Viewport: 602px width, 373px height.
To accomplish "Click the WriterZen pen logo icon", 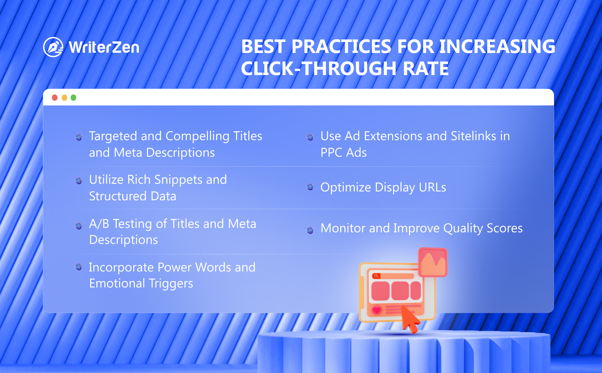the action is click(x=53, y=47).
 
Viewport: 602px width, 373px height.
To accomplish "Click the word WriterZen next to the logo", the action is click(x=104, y=47).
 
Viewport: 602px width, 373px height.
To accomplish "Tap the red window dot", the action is click(x=55, y=98).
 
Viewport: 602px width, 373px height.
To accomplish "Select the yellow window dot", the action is click(x=64, y=98).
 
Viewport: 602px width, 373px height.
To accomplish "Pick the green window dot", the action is click(x=73, y=98).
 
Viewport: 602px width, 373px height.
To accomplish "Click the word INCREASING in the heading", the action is click(x=497, y=46).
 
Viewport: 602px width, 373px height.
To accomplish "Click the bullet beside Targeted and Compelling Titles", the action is click(x=79, y=137).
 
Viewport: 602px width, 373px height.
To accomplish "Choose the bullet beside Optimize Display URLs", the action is click(x=310, y=187).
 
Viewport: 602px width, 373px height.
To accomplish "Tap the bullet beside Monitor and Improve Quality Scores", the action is click(x=310, y=230).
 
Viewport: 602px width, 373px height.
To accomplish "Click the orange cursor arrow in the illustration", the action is click(x=410, y=319).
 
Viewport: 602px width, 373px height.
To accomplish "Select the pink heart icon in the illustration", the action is click(x=377, y=310).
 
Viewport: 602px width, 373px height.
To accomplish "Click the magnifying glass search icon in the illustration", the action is click(x=376, y=276).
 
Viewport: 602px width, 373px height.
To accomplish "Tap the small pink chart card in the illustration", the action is click(x=433, y=262).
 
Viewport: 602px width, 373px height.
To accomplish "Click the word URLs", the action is click(x=432, y=187).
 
